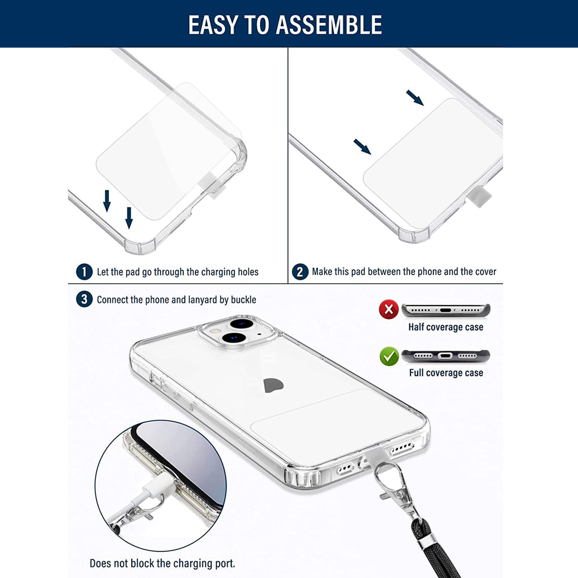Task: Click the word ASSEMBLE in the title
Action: click(x=329, y=25)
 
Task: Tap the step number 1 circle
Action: click(x=84, y=272)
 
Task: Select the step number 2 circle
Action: click(x=300, y=272)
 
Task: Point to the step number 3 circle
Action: click(x=84, y=299)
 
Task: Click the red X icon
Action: click(x=389, y=309)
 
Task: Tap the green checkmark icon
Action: click(x=389, y=356)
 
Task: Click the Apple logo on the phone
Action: click(x=273, y=385)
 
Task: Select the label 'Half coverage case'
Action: click(x=446, y=327)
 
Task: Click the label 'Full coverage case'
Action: click(x=446, y=372)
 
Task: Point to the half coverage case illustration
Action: click(x=446, y=310)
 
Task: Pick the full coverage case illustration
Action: click(x=445, y=356)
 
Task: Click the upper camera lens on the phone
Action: click(x=242, y=324)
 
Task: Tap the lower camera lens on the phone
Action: click(x=234, y=337)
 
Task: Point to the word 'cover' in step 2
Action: click(x=485, y=272)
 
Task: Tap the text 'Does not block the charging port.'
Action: click(x=162, y=563)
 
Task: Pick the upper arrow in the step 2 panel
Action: click(x=415, y=98)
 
